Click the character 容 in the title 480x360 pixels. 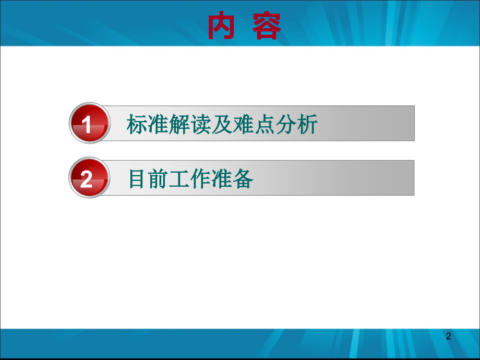[x=267, y=27]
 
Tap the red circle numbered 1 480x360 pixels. [x=88, y=124]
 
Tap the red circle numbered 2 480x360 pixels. [x=88, y=179]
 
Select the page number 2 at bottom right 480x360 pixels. [x=448, y=337]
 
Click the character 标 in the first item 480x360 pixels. [x=137, y=125]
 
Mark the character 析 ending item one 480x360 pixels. [x=308, y=125]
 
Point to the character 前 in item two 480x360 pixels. [x=158, y=179]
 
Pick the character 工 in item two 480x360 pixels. [x=179, y=179]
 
